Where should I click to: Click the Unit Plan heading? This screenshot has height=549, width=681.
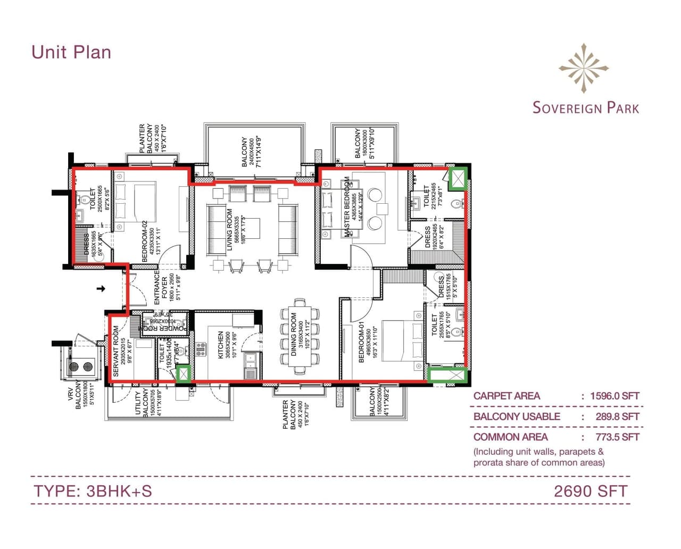coord(71,52)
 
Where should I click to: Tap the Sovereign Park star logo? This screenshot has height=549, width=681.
coord(584,68)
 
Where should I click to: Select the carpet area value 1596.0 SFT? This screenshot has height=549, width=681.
coord(614,396)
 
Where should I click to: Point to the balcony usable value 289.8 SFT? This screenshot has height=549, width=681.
coord(617,417)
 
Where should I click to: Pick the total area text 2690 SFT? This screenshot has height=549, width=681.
coord(591,490)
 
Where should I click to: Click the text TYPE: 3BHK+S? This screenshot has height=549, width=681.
coord(93,490)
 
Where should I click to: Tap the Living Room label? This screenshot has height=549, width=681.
coord(229,229)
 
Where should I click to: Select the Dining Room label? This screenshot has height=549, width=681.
coord(294,334)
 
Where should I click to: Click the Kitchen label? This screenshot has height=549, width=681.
coord(221,345)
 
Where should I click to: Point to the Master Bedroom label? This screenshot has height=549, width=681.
coord(347,207)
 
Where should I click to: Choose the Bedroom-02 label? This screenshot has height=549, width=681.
coord(144,242)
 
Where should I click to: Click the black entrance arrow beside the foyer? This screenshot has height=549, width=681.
coord(101,289)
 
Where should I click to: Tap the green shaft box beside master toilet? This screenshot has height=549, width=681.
coord(456,179)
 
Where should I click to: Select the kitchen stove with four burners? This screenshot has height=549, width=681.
coord(201,349)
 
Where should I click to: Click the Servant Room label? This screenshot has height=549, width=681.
coord(116,351)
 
